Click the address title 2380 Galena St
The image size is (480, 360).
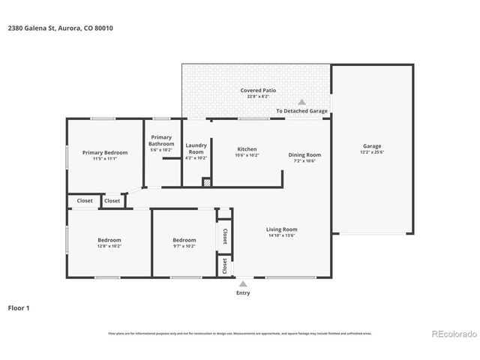61,28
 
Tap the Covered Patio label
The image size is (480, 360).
258,90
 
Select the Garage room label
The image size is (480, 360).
372,146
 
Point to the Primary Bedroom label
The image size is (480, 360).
105,152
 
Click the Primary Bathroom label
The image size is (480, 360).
161,140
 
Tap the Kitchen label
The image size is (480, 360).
247,148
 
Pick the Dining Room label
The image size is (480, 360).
304,154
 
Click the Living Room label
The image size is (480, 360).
281,229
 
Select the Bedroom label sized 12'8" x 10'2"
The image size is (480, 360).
109,239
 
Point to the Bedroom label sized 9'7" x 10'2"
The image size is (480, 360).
184,239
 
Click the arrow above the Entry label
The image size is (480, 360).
242,284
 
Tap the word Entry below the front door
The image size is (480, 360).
243,293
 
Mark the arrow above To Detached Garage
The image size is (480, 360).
301,102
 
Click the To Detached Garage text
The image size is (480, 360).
301,111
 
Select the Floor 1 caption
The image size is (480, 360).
19,307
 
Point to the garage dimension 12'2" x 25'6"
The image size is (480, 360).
372,152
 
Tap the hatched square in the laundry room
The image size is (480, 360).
205,181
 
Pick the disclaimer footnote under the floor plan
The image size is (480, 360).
240,333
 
